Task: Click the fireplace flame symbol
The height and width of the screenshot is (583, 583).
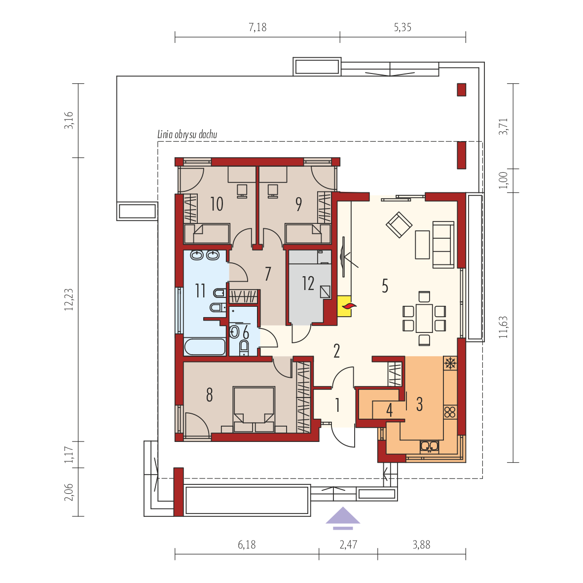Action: pos(349,306)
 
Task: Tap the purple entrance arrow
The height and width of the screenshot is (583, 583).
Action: pos(343,517)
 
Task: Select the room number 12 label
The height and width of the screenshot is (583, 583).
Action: pos(308,283)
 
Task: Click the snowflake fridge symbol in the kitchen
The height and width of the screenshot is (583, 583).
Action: pos(450,363)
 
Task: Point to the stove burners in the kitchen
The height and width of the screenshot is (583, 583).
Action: pos(450,412)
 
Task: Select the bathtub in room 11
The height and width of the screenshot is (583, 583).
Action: pos(205,347)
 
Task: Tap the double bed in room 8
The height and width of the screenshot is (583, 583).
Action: pos(254,409)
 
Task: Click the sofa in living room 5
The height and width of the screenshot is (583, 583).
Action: pos(443,244)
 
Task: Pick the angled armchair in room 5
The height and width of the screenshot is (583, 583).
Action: pos(399,224)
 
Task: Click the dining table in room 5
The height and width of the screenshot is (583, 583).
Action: pos(424,318)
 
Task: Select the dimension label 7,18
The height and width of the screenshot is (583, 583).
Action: pos(257,27)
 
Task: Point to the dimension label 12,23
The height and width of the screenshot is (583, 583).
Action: pos(69,300)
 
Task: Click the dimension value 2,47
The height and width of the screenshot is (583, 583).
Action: pos(348,545)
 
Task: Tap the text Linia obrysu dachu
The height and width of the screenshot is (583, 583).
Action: pos(187,134)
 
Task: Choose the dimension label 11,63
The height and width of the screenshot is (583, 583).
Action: pos(503,327)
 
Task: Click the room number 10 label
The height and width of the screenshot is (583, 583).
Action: pos(217,204)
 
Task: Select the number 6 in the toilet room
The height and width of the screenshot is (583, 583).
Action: pos(246,332)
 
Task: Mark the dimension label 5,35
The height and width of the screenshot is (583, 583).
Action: pos(402,27)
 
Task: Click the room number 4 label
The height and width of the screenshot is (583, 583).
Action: pos(389,410)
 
